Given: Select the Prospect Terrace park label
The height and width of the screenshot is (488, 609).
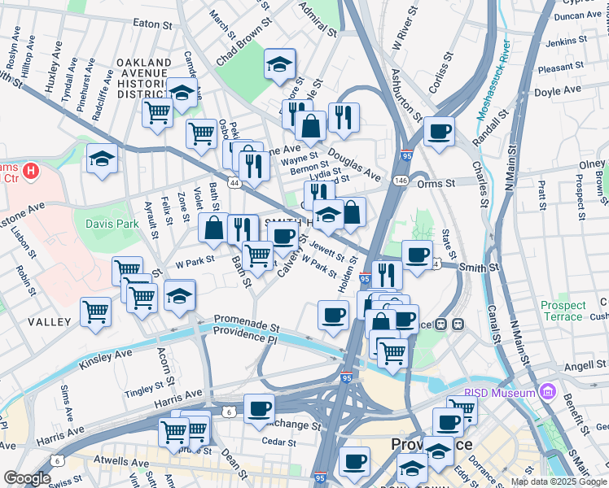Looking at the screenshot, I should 563,311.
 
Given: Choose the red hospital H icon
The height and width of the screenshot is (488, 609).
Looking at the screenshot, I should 30,171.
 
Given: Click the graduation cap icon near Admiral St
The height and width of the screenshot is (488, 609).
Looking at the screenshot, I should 279,63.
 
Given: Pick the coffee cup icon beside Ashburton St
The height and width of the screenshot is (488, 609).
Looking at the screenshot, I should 439,131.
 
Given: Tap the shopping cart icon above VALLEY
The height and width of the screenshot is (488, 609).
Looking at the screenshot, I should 96,310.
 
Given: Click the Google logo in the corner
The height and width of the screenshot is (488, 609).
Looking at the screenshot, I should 26,478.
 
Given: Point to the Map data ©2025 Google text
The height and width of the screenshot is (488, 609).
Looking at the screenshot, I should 559,481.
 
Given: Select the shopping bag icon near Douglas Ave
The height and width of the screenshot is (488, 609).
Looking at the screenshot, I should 310,126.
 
